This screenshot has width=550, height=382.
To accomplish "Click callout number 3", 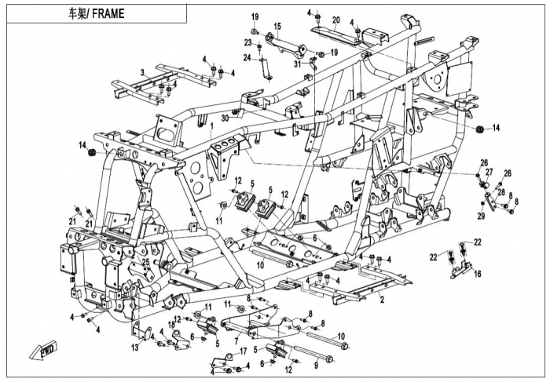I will point(141,72).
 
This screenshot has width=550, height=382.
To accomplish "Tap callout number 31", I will point(298,64).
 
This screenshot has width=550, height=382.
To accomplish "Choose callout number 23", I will point(248,42).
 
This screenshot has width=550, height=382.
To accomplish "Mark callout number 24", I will point(247,57).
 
